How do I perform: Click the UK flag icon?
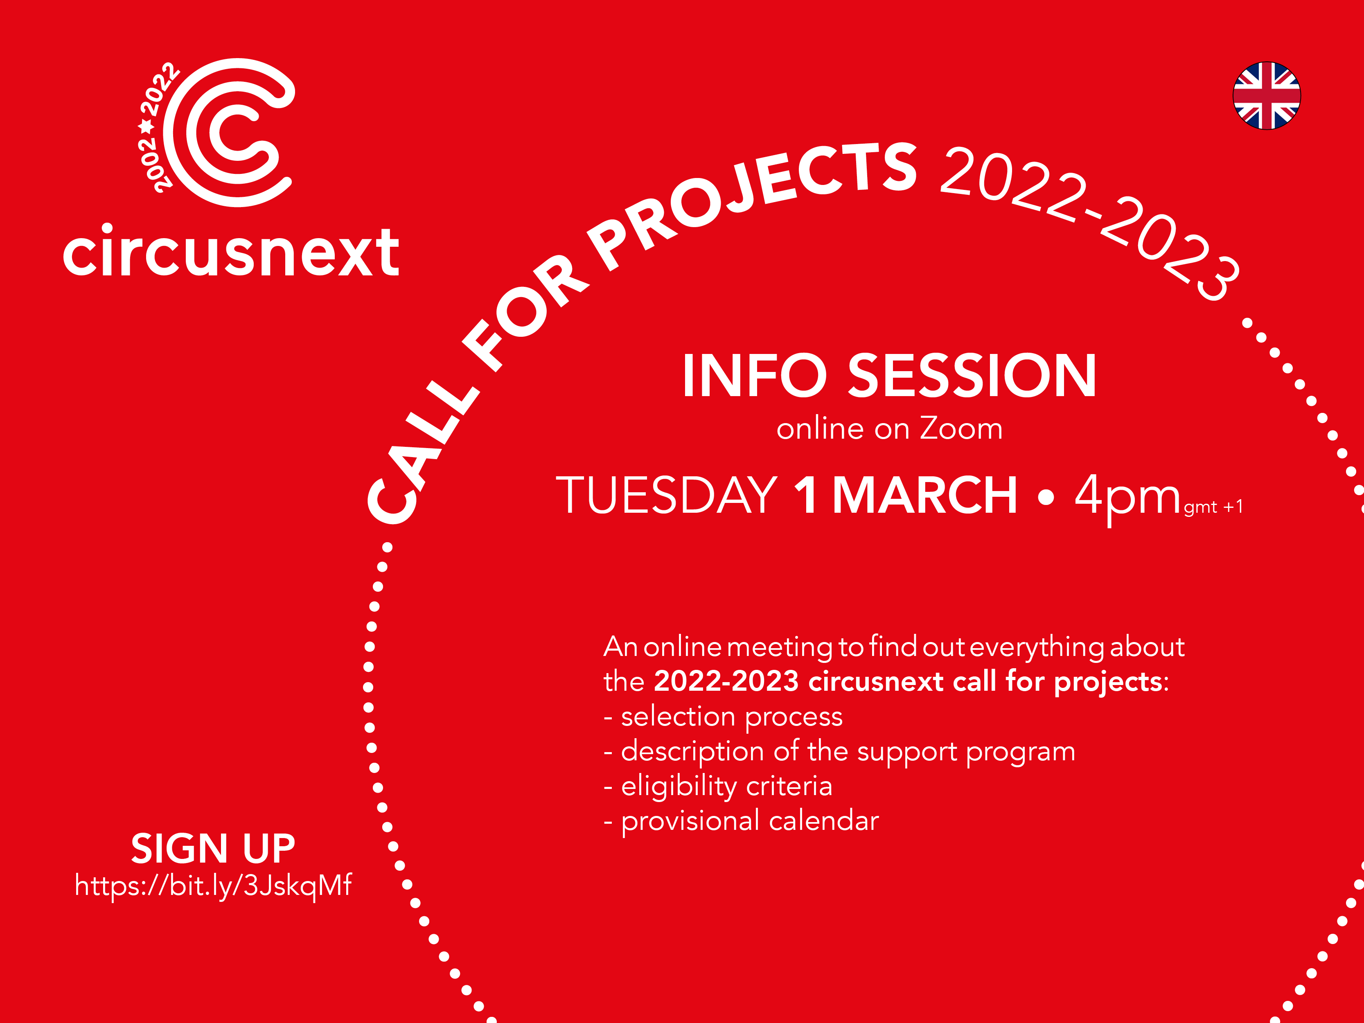coord(1267,96)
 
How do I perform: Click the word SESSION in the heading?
coord(972,376)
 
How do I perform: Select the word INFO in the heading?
coord(754,376)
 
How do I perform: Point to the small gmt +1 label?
coord(1213,507)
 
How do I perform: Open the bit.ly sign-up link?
coord(213,886)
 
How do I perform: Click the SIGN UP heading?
coord(213,849)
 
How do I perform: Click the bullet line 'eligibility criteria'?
coord(718,786)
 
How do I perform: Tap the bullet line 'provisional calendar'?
coord(741,821)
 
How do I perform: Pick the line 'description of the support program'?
coord(839,752)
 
